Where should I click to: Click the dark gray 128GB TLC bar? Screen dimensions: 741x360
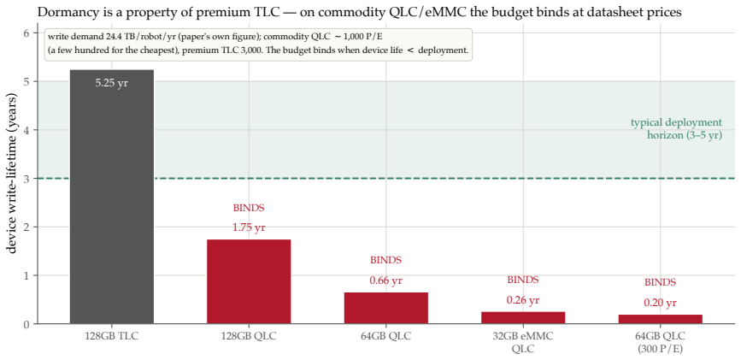coord(111,197)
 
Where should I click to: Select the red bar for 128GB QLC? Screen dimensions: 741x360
coord(249,281)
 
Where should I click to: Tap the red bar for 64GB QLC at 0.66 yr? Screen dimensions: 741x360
coord(385,308)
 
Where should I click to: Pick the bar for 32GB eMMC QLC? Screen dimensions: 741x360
coord(523,318)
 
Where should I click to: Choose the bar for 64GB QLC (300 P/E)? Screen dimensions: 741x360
coord(660,319)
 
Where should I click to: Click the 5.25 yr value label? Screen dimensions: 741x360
coord(111,83)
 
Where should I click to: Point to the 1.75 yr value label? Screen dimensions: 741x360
coord(249,227)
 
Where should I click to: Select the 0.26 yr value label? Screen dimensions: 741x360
coord(523,300)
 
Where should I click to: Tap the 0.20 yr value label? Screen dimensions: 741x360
coord(660,303)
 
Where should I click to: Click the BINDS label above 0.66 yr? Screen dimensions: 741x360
coord(385,260)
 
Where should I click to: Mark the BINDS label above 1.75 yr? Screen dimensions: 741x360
coord(249,208)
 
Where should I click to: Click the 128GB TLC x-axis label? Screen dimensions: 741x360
coord(111,337)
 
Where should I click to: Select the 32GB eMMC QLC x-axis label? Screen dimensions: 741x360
coord(523,342)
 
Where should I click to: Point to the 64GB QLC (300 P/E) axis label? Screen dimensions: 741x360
coord(660,342)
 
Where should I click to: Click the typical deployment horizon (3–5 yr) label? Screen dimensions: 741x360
coord(676,129)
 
